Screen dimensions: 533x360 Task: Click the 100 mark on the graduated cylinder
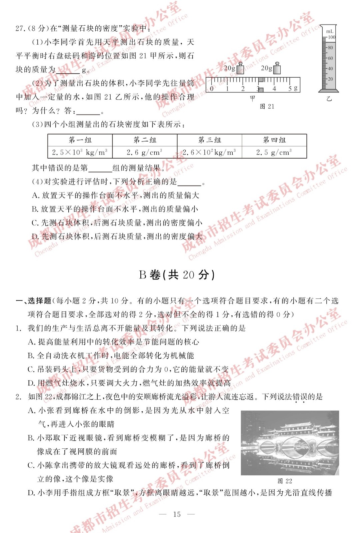click(x=331, y=37)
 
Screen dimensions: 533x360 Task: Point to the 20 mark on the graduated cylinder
click(x=330, y=79)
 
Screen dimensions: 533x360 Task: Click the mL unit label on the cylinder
click(x=330, y=31)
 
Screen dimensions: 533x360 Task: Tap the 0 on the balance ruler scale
click(x=212, y=89)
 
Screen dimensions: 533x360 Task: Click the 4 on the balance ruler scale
click(x=274, y=89)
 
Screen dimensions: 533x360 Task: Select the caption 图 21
click(x=267, y=107)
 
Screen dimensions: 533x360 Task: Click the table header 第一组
click(x=80, y=140)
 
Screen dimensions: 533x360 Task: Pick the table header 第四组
click(x=274, y=140)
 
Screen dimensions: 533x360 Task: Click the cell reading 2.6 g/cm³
click(x=144, y=152)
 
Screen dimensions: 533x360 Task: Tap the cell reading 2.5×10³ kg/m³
click(x=80, y=152)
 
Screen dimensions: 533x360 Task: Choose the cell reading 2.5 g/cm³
click(x=274, y=152)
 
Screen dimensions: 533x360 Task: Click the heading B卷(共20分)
click(x=177, y=275)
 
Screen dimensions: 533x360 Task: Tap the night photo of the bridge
click(x=290, y=442)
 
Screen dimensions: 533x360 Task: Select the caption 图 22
click(x=285, y=481)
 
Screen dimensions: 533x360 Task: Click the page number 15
click(x=177, y=514)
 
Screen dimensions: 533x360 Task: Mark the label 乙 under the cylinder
click(x=329, y=99)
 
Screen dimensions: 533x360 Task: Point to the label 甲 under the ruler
click(x=252, y=98)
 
